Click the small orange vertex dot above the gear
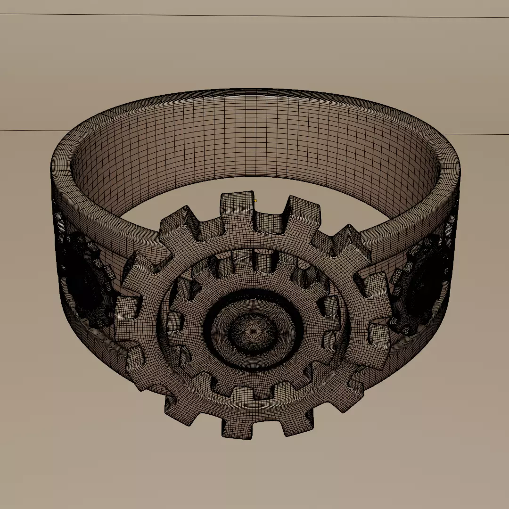pos(255,201)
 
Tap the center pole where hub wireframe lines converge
pos(254,331)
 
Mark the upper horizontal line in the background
pos(254,16)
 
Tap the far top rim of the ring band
pos(254,90)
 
